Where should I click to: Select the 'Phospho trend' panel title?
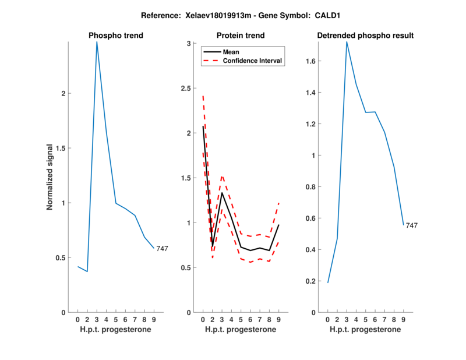click(x=116, y=36)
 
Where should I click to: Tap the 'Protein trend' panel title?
click(x=241, y=36)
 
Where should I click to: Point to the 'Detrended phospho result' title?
click(x=365, y=36)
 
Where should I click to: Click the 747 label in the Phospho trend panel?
click(x=162, y=249)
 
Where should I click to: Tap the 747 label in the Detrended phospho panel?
click(x=412, y=225)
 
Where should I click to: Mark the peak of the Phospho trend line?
click(x=97, y=42)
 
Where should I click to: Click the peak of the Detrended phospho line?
click(x=347, y=42)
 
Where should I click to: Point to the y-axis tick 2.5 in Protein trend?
click(x=188, y=88)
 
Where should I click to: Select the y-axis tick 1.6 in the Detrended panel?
click(x=313, y=61)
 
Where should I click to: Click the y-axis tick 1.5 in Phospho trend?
click(x=63, y=148)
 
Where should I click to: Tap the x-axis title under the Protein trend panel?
click(x=241, y=329)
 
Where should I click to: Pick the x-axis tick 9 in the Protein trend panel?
click(x=279, y=319)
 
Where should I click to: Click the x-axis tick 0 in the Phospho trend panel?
click(x=78, y=319)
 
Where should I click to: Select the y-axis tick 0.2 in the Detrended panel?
click(x=313, y=281)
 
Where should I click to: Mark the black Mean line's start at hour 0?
click(x=203, y=126)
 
